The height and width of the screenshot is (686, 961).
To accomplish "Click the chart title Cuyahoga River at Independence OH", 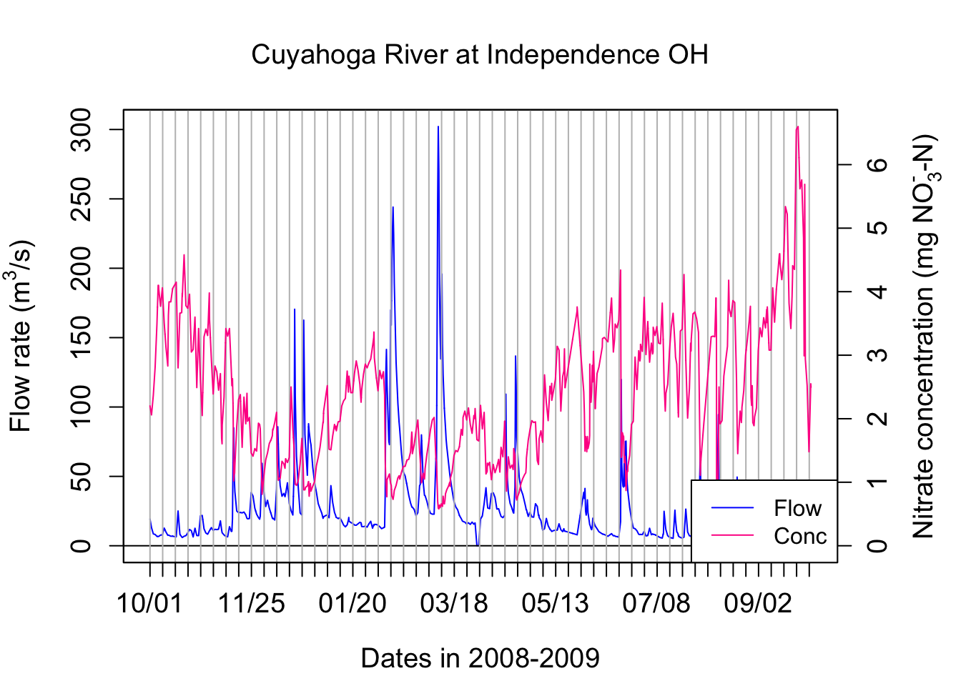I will point(480,55).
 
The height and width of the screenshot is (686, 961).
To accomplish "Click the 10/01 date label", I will point(149,603).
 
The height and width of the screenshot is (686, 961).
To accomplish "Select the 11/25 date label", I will point(251,603).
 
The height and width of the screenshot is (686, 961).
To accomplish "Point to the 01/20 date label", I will point(353,603).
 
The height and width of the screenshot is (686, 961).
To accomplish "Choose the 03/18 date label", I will point(454,603).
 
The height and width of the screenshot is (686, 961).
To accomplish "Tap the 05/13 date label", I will point(556,603).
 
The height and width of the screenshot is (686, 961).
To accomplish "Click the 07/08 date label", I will point(656,603).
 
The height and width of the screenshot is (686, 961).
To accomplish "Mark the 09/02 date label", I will point(758,603).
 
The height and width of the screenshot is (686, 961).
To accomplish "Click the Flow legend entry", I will point(797,508).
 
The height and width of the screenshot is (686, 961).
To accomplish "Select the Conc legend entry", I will point(799,536).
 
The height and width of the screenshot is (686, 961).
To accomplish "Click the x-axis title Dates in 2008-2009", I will point(480,658).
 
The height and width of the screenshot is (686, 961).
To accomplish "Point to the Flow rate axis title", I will point(21,336).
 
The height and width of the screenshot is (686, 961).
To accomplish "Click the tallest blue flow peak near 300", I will point(438,128).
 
